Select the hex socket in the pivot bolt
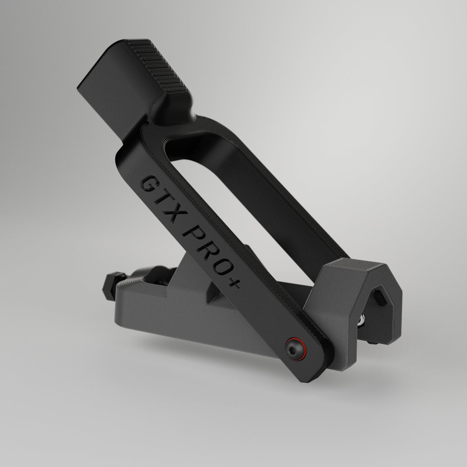point(294,345)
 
